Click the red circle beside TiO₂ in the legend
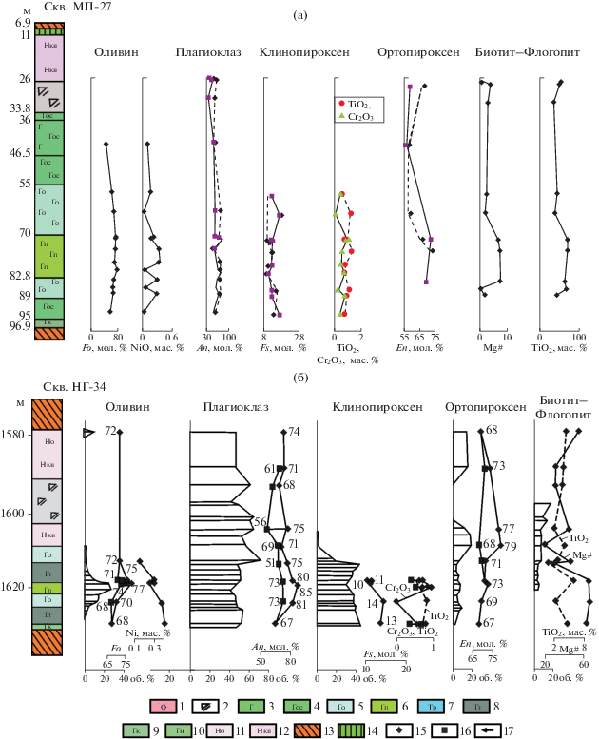(340, 102)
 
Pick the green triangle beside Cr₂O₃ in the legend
(340, 115)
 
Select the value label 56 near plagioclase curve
(260, 521)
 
